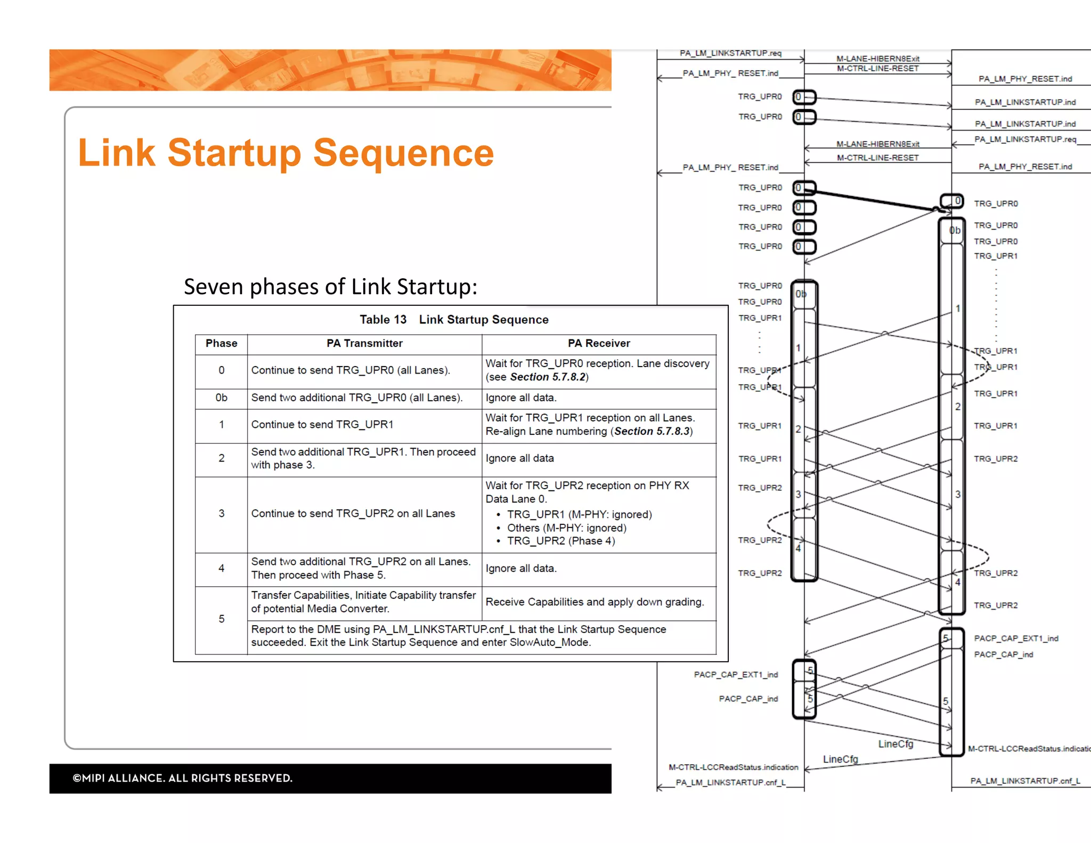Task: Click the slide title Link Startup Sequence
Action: pos(286,153)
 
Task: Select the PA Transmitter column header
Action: pos(364,344)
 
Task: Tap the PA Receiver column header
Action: pos(599,344)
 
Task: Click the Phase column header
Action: pos(221,344)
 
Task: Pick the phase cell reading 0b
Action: pos(221,398)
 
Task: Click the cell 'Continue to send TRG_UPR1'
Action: pos(322,425)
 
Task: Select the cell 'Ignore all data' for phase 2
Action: pos(519,458)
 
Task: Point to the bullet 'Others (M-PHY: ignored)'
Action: pos(566,528)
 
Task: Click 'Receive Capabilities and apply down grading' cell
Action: pos(595,602)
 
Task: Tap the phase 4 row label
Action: pos(221,569)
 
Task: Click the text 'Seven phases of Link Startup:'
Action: pos(330,287)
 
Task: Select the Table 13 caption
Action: pos(454,320)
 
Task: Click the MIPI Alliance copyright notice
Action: pos(183,779)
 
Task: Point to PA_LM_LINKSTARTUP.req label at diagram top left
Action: pos(730,53)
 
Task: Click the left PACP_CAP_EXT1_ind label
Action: pos(736,675)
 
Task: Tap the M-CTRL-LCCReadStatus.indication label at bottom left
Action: pos(734,767)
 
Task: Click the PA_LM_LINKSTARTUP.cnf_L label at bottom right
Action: pos(1025,781)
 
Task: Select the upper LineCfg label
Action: pos(895,744)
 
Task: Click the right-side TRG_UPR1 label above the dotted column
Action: pos(996,256)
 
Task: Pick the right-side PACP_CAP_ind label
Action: pos(1003,655)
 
